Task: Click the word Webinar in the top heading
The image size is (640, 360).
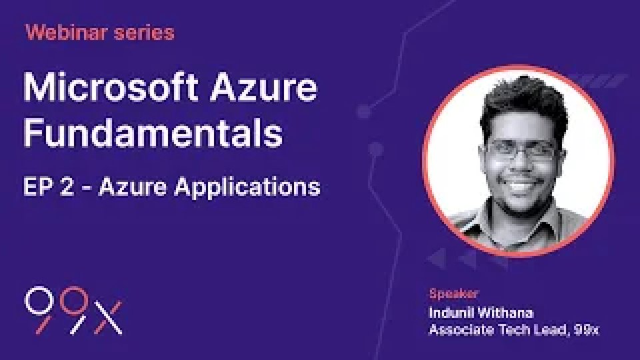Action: (x=66, y=32)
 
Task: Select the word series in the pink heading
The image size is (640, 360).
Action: (x=145, y=33)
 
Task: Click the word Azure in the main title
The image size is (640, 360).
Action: (x=264, y=87)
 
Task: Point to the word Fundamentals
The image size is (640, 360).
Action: (x=153, y=133)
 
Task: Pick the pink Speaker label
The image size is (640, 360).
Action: (x=453, y=293)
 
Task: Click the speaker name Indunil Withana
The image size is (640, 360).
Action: (x=481, y=313)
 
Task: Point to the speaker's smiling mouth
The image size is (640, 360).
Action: (x=519, y=186)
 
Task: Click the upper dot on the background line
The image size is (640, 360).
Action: (x=364, y=111)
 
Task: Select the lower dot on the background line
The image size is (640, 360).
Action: (x=375, y=150)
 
